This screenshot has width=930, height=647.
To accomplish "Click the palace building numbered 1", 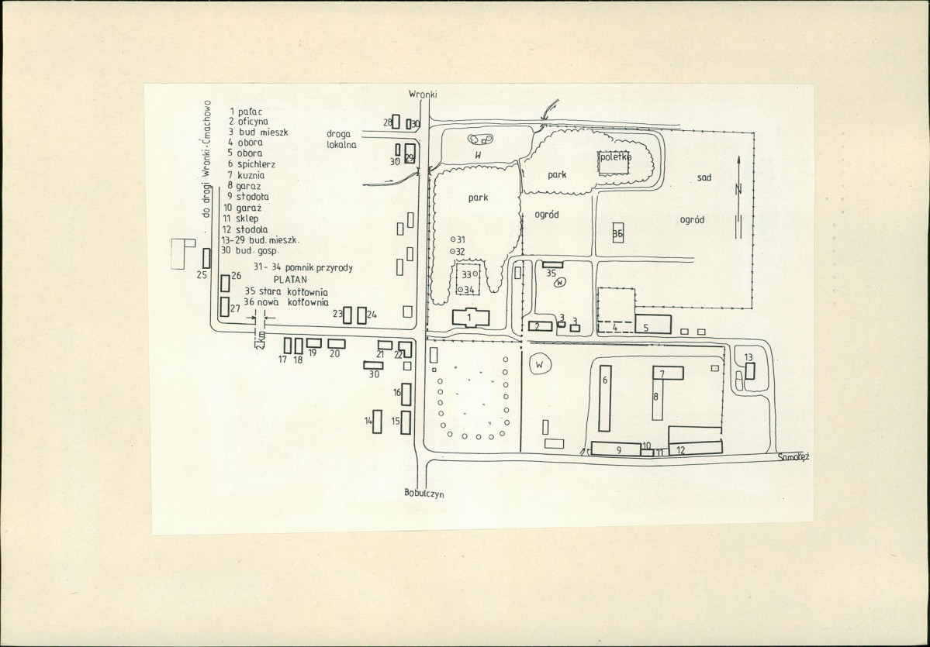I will coord(469,317).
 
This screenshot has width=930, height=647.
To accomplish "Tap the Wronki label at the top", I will coord(424,94).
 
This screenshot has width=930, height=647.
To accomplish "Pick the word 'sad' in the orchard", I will coord(704,177).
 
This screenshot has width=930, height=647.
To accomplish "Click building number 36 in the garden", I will coord(618,233).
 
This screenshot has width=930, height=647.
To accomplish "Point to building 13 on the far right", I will coord(750,370).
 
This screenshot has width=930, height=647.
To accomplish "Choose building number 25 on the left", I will coord(206,258).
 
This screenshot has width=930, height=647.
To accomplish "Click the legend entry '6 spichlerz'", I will coord(251,164).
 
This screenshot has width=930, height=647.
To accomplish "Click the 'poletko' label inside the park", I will coord(614,157).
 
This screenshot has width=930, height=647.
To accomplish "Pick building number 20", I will coord(336,343).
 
